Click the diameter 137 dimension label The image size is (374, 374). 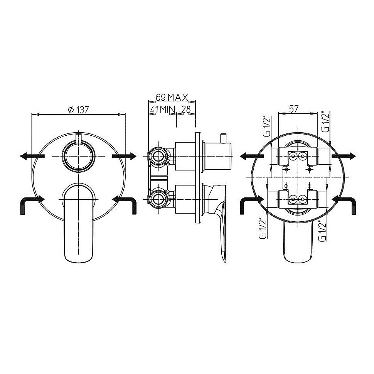coord(78,110)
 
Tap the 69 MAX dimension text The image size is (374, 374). coord(172,97)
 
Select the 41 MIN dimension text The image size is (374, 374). coord(163,110)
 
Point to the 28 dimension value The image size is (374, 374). coord(186,110)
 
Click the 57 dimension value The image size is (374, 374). coord(294,109)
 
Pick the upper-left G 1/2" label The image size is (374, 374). coord(267,126)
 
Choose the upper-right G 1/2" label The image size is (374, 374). coord(325,121)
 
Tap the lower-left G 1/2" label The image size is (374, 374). coord(263,228)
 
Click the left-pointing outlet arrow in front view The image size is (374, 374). coord(32,156)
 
